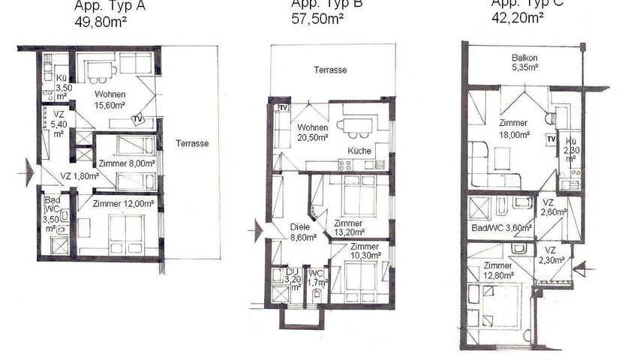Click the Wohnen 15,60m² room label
(109, 100)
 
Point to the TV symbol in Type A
(137, 118)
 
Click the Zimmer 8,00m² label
(127, 163)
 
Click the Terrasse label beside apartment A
(193, 143)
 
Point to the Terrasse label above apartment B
(330, 70)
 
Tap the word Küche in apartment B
(359, 151)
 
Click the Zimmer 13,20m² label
(349, 228)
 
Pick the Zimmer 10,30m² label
(364, 251)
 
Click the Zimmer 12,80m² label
(498, 270)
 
